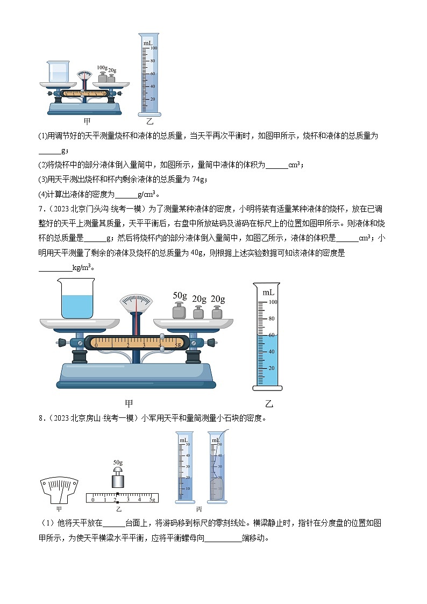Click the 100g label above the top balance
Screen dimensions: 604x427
pyautogui.click(x=102, y=68)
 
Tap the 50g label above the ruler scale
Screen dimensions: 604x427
pyautogui.click(x=118, y=462)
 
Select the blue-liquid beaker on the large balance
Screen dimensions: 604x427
pyautogui.click(x=78, y=299)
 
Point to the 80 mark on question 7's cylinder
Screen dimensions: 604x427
pyautogui.click(x=272, y=318)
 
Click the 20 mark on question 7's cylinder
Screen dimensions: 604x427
pyautogui.click(x=272, y=368)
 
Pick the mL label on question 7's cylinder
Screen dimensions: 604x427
pyautogui.click(x=268, y=292)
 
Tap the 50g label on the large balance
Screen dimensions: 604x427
pyautogui.click(x=180, y=295)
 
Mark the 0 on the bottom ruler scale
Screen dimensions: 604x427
pyautogui.click(x=93, y=500)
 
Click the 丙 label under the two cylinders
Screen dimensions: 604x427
pyautogui.click(x=198, y=508)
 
